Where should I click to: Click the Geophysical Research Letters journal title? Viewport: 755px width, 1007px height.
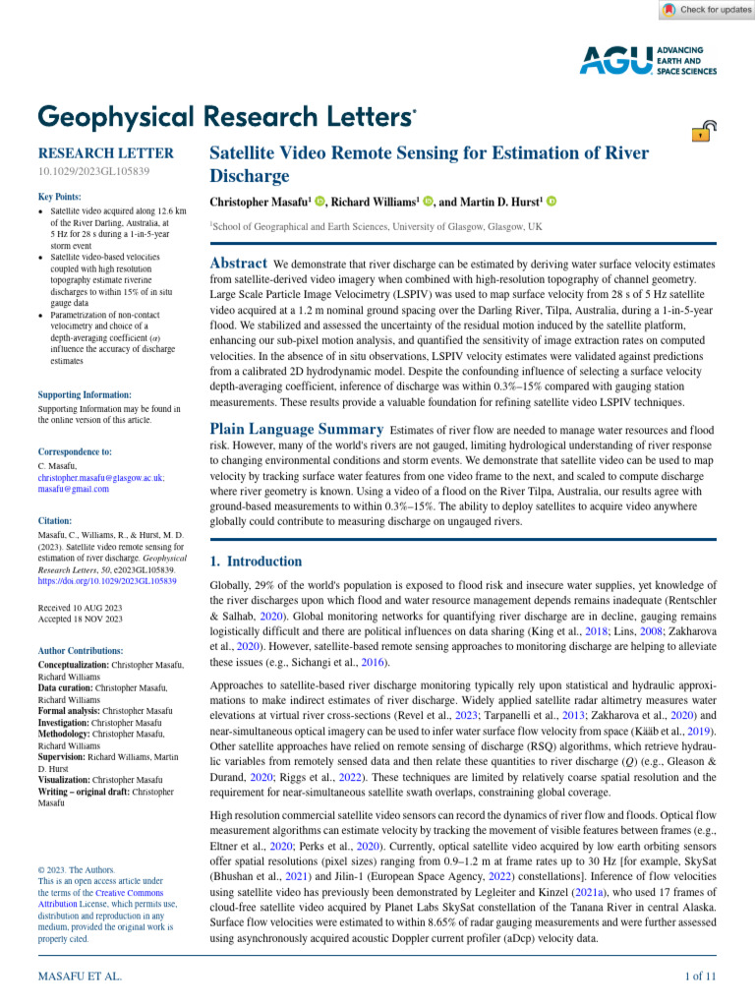point(226,116)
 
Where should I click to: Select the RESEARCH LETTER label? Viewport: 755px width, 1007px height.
point(105,153)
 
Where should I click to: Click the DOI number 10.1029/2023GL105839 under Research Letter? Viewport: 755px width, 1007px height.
point(93,172)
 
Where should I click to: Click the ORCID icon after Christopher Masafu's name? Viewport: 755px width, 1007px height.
point(320,202)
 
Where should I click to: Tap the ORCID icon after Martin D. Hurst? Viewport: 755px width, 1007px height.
point(552,202)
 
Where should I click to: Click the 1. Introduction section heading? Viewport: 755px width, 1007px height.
point(257,562)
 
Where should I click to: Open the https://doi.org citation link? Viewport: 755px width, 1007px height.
point(107,581)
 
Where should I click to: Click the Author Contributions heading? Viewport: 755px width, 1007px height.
point(81,651)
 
